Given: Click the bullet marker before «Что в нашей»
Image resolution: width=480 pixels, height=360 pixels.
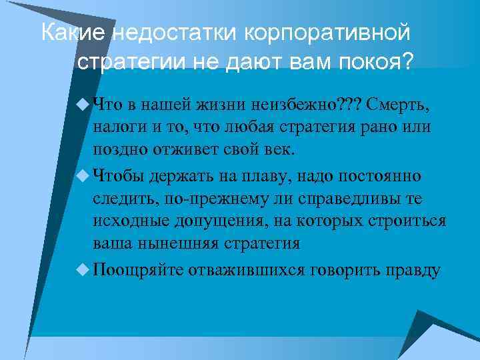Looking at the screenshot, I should coord(83,104).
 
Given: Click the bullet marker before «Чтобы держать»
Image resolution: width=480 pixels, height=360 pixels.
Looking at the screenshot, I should coord(83,176).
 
